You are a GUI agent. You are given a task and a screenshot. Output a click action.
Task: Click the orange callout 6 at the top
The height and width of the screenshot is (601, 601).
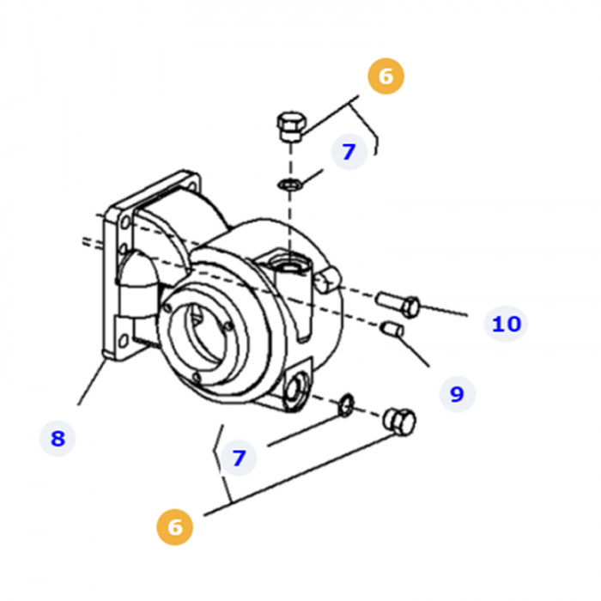(x=385, y=76)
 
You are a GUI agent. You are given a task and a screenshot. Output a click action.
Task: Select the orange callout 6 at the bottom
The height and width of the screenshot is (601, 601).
(x=174, y=526)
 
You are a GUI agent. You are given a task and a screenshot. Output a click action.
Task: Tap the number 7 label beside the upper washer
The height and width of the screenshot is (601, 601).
(x=348, y=152)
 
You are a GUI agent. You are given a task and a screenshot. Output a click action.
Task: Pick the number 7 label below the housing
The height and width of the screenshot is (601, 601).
(x=239, y=458)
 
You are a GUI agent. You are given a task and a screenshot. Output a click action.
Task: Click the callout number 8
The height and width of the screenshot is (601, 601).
(x=58, y=439)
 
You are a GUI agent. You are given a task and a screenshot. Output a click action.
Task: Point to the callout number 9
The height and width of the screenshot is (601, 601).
(x=456, y=394)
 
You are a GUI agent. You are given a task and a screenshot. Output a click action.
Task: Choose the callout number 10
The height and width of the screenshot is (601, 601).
(x=506, y=324)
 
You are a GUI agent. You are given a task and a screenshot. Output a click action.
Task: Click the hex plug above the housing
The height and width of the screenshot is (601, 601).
(x=289, y=127)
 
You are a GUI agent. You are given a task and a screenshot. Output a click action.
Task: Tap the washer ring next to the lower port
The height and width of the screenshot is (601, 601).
(x=345, y=404)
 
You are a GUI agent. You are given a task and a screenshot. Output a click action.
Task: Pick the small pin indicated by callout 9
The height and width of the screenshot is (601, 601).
(x=392, y=329)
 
